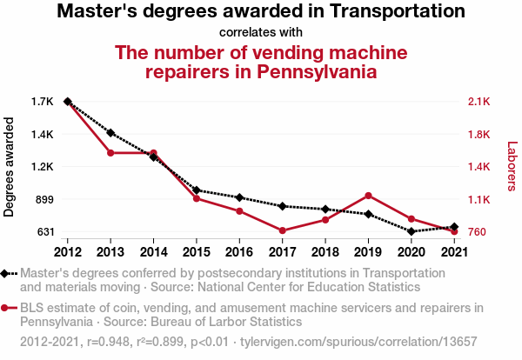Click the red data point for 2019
click(x=368, y=196)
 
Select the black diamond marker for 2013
click(x=110, y=132)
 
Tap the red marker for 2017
click(x=283, y=230)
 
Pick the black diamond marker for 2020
click(x=412, y=231)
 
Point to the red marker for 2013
click(x=110, y=153)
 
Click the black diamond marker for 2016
click(x=239, y=197)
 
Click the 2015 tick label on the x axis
click(x=197, y=251)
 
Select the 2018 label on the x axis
click(x=325, y=251)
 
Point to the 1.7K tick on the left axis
click(x=42, y=102)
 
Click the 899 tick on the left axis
click(x=43, y=199)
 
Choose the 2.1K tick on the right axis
click(x=479, y=102)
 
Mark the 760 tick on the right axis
click(x=477, y=232)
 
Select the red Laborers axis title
click(x=512, y=167)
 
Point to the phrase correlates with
click(x=260, y=33)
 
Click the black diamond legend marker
click(x=7, y=273)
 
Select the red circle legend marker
click(x=7, y=308)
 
